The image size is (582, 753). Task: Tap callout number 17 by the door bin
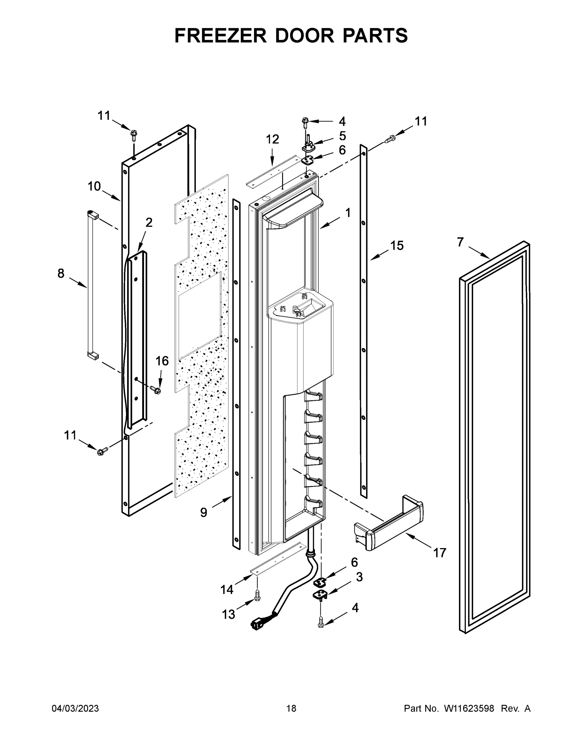440,553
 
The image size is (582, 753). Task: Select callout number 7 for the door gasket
460,243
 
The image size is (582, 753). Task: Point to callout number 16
162,361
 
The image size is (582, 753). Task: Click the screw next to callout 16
156,389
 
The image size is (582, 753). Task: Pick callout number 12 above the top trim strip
272,139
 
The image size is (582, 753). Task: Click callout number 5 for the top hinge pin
342,136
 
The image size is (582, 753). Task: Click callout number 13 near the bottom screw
228,614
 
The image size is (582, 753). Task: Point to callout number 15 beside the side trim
397,246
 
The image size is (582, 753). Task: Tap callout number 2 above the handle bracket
149,223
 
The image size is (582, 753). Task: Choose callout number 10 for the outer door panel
94,187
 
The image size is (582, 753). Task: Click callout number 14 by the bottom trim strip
227,590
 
